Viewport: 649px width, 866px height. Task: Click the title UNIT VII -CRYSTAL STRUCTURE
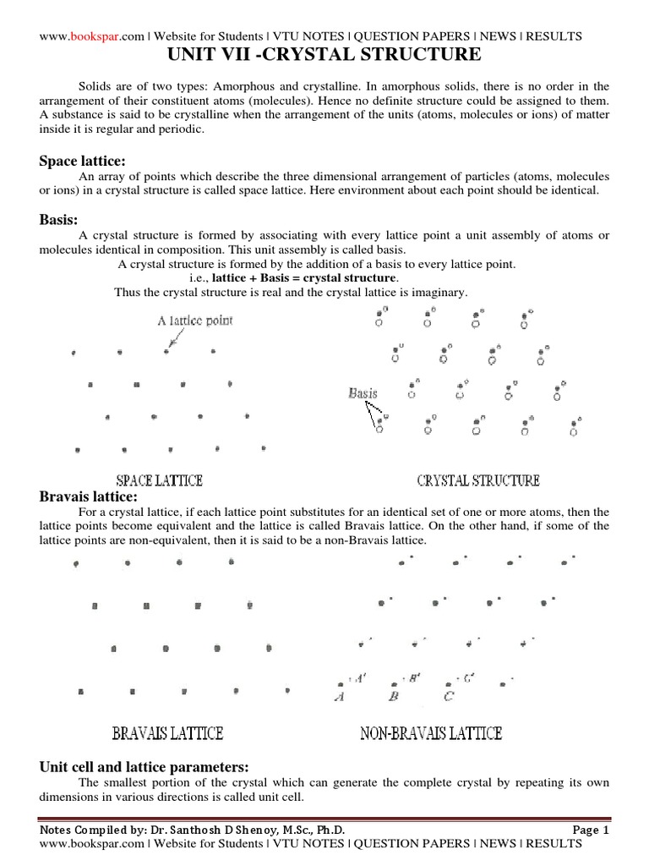pos(324,56)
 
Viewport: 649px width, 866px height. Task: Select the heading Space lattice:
pos(84,162)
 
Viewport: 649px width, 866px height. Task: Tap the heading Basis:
pos(58,220)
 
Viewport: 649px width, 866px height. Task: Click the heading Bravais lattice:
pos(88,496)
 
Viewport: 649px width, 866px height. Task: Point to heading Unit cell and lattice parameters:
pos(144,767)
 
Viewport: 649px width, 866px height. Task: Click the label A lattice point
pos(195,321)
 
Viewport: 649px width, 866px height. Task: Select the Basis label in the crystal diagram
pos(363,393)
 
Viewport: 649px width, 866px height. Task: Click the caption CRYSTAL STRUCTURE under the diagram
pos(478,480)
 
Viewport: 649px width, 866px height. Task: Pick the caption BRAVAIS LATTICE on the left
pos(167,732)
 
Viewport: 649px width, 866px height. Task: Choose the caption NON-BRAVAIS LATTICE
pos(431,732)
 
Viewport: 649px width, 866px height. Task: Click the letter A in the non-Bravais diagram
pos(340,696)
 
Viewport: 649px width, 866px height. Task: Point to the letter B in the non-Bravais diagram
pos(393,696)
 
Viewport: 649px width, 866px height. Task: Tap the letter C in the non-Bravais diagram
pos(449,696)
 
